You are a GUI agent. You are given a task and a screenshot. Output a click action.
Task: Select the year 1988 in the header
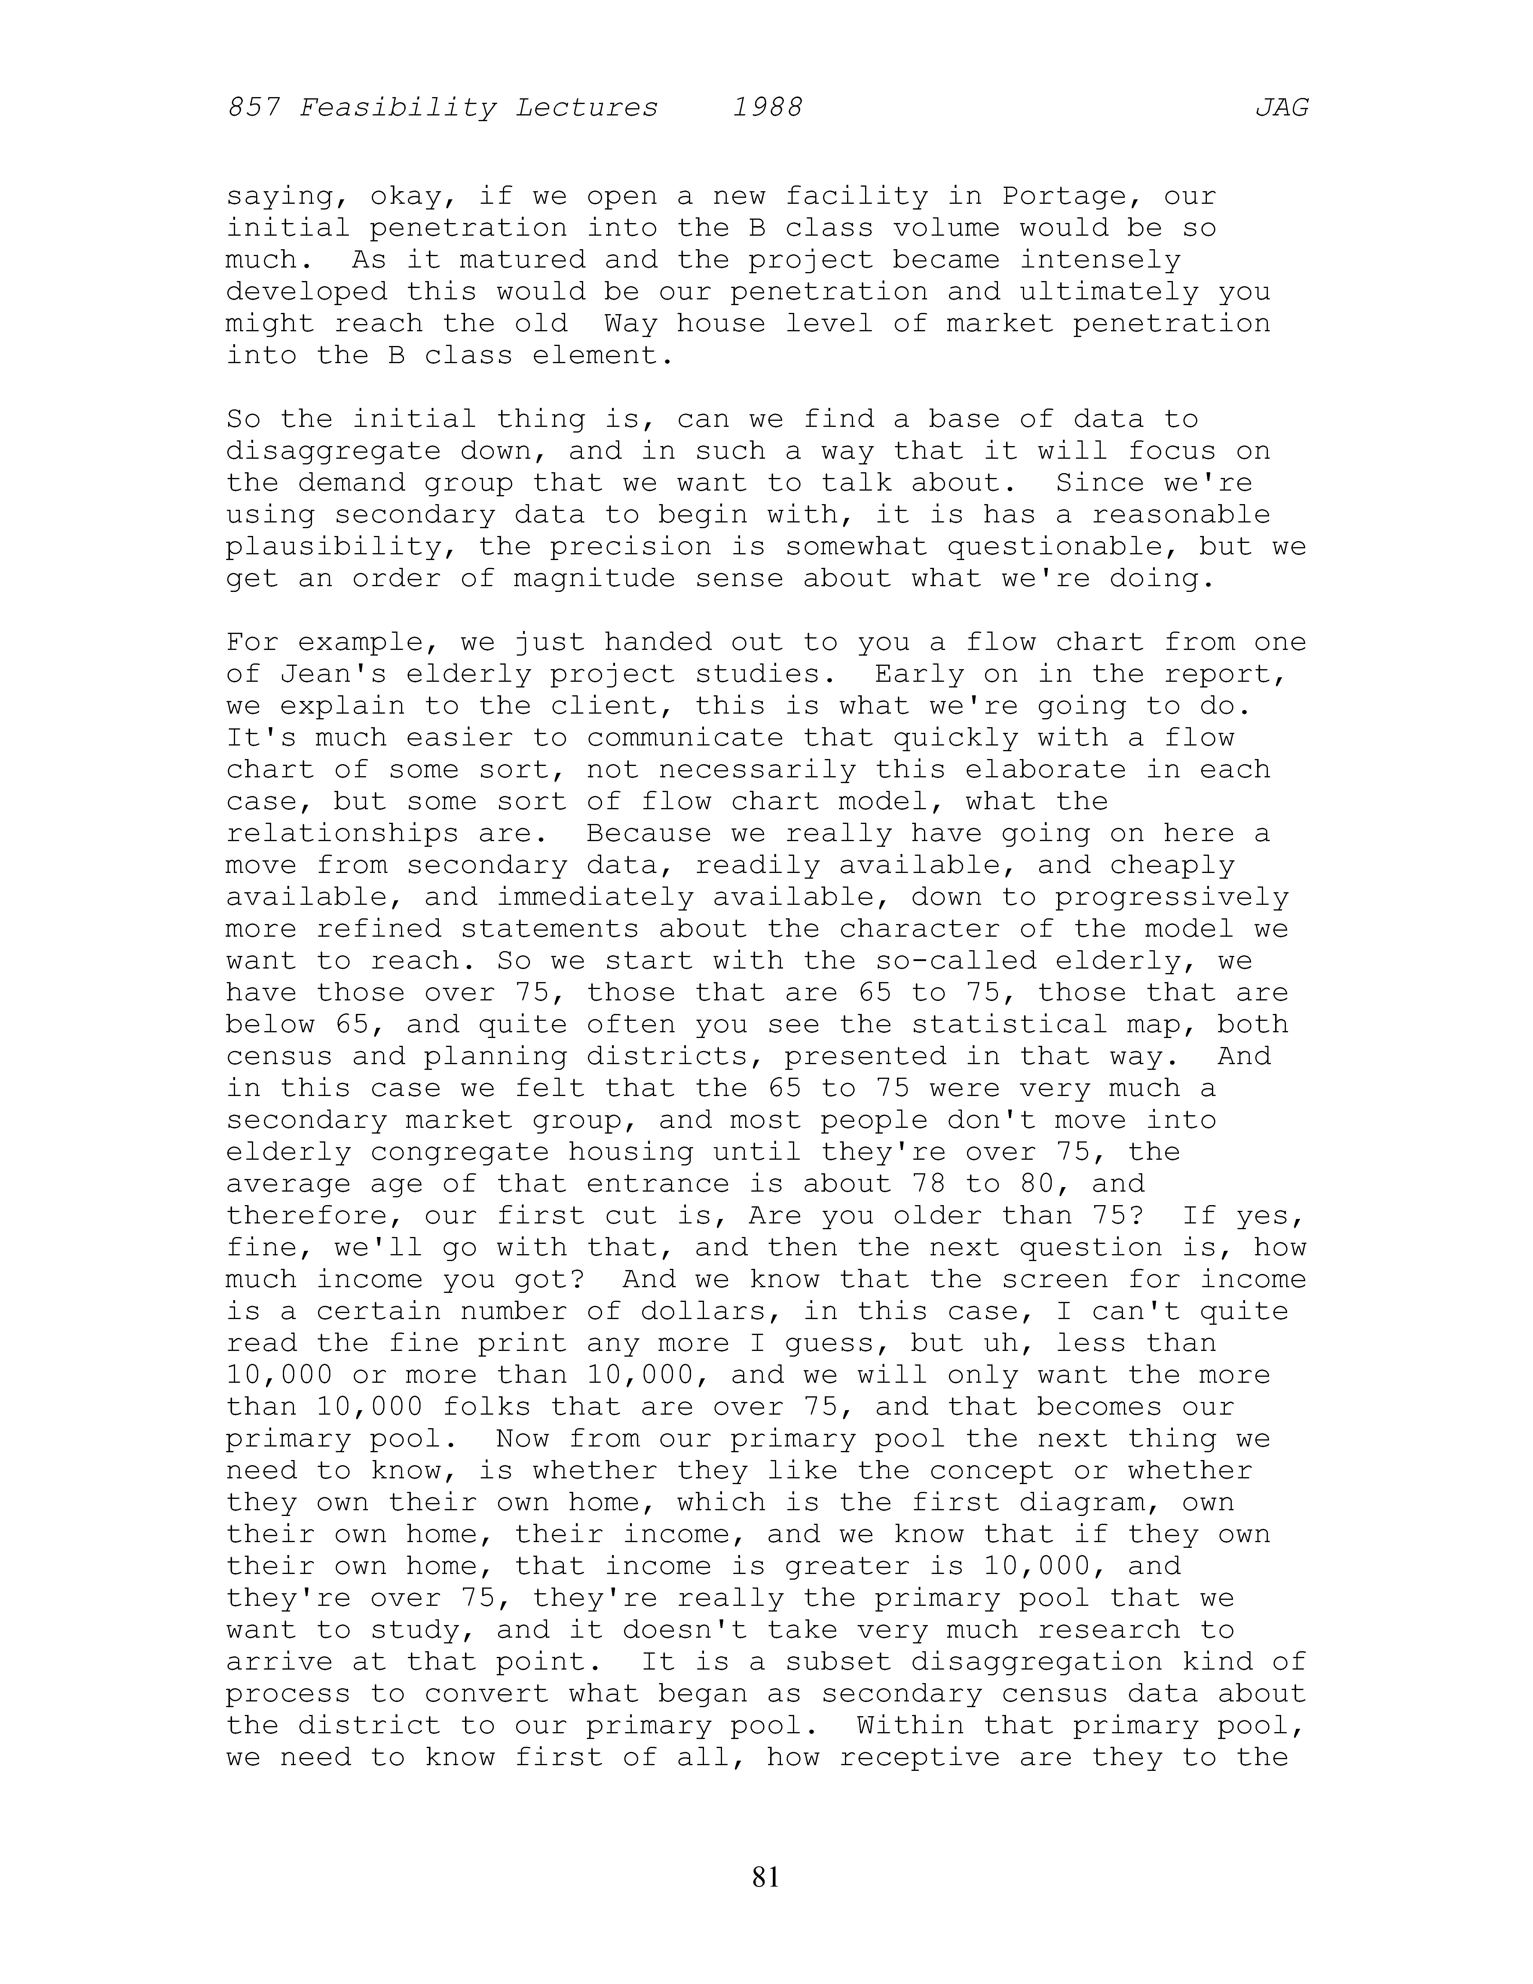click(767, 108)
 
